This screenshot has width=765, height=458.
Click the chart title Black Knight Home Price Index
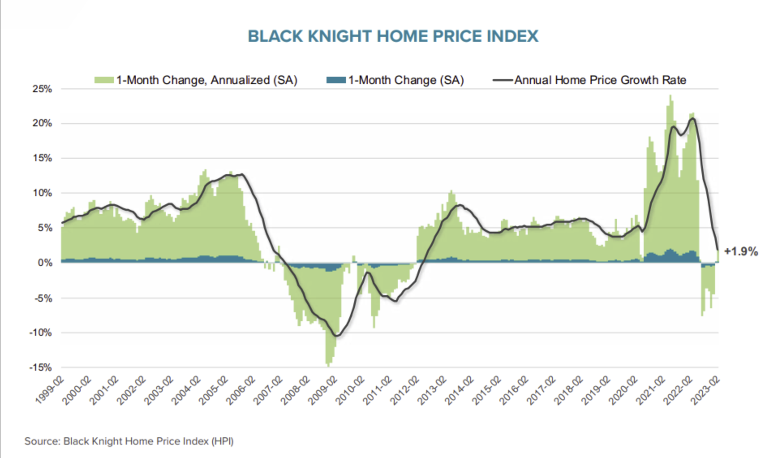tap(393, 36)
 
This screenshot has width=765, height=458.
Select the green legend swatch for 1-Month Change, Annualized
tap(104, 80)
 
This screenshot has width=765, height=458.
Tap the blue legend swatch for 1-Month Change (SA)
tap(336, 80)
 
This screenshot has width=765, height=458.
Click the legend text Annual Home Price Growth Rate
tap(600, 80)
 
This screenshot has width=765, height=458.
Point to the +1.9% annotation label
tap(741, 252)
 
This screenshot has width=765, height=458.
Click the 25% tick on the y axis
tap(42, 89)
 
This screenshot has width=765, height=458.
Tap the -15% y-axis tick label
tap(41, 367)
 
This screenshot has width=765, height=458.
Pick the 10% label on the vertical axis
tap(42, 193)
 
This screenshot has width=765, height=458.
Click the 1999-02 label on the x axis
tap(50, 390)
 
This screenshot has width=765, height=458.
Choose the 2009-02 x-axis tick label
tap(323, 390)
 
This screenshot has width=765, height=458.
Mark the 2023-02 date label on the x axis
tap(705, 390)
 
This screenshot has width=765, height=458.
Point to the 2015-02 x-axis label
tap(487, 390)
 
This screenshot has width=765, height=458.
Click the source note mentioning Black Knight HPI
tap(129, 441)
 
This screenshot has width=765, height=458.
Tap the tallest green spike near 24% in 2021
tap(670, 96)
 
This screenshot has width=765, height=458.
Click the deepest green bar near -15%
tap(328, 365)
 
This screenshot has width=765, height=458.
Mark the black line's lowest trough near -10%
tap(337, 336)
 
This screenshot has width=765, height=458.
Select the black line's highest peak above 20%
tap(693, 118)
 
